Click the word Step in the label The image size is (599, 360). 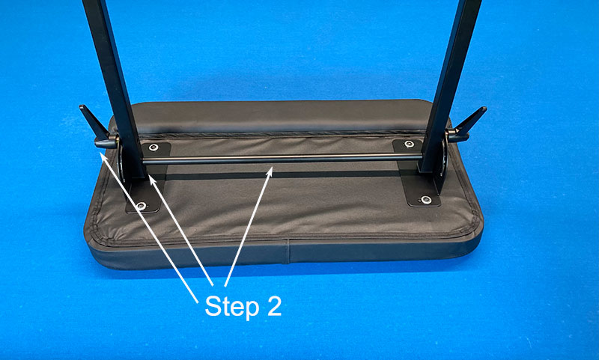pyautogui.click(x=231, y=307)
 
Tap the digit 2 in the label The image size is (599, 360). pyautogui.click(x=274, y=305)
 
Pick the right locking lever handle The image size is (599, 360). pyautogui.click(x=467, y=124)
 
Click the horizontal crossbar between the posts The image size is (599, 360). pyautogui.click(x=283, y=159)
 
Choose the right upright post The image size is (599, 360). pyautogui.click(x=449, y=85)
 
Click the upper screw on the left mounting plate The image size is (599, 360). pyautogui.click(x=153, y=147)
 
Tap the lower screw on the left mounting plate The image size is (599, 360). pyautogui.click(x=142, y=206)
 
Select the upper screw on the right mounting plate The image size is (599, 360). pyautogui.click(x=409, y=144)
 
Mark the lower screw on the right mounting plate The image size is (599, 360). pyautogui.click(x=426, y=199)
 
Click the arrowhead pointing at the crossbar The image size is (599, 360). pyautogui.click(x=270, y=171)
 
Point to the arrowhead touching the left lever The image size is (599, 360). pyautogui.click(x=103, y=156)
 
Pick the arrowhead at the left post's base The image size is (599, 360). pyautogui.click(x=152, y=180)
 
